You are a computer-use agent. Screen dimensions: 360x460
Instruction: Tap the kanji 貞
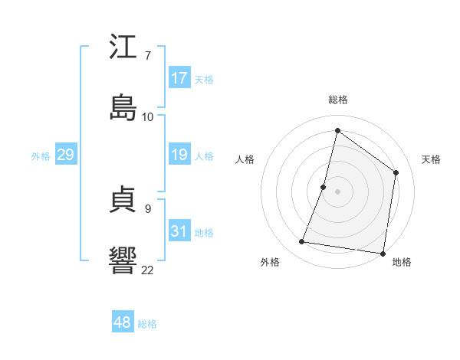click(123, 200)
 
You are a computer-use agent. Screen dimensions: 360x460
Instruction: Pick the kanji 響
click(123, 260)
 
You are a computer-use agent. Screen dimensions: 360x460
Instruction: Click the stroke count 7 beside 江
click(147, 56)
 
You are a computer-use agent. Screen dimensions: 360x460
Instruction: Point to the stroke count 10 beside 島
click(148, 116)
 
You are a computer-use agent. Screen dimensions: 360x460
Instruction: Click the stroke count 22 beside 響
click(148, 270)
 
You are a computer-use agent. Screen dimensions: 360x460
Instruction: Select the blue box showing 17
click(179, 78)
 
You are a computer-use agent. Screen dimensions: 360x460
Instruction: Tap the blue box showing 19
click(179, 155)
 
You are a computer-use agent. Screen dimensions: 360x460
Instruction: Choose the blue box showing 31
click(179, 231)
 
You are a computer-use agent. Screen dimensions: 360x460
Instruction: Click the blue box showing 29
click(66, 155)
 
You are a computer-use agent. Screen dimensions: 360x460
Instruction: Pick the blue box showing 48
click(123, 322)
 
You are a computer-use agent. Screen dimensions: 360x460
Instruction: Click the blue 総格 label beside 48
click(147, 324)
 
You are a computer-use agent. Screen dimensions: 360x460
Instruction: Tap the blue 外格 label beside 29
click(41, 155)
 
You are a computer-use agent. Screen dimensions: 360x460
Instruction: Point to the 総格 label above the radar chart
click(338, 100)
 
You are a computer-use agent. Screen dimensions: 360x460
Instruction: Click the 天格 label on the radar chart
click(432, 159)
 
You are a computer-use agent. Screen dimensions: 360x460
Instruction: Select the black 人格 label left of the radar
click(245, 159)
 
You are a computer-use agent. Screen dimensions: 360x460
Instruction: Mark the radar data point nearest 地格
click(383, 253)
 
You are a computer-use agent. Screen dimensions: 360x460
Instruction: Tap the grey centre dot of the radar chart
click(337, 191)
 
